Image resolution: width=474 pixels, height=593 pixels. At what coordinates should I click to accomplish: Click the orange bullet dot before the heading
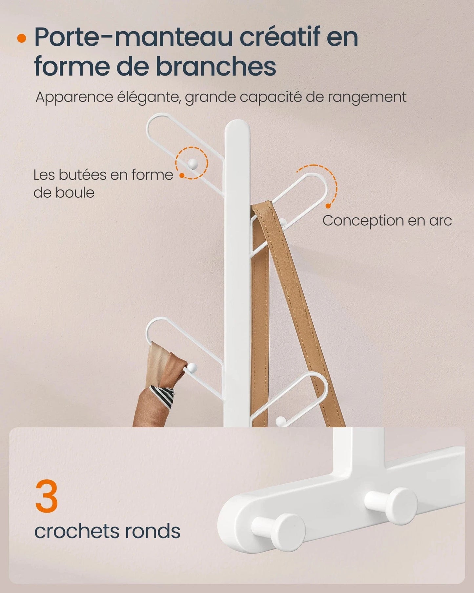pos(22,38)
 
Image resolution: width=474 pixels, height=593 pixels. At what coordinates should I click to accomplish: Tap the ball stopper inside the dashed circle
pos(192,163)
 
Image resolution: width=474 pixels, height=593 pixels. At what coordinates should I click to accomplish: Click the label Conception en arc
pos(387,221)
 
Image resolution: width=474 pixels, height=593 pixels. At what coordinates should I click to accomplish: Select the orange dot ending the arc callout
pos(328,206)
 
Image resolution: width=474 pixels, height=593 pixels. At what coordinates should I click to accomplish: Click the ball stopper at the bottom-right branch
pos(280,420)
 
